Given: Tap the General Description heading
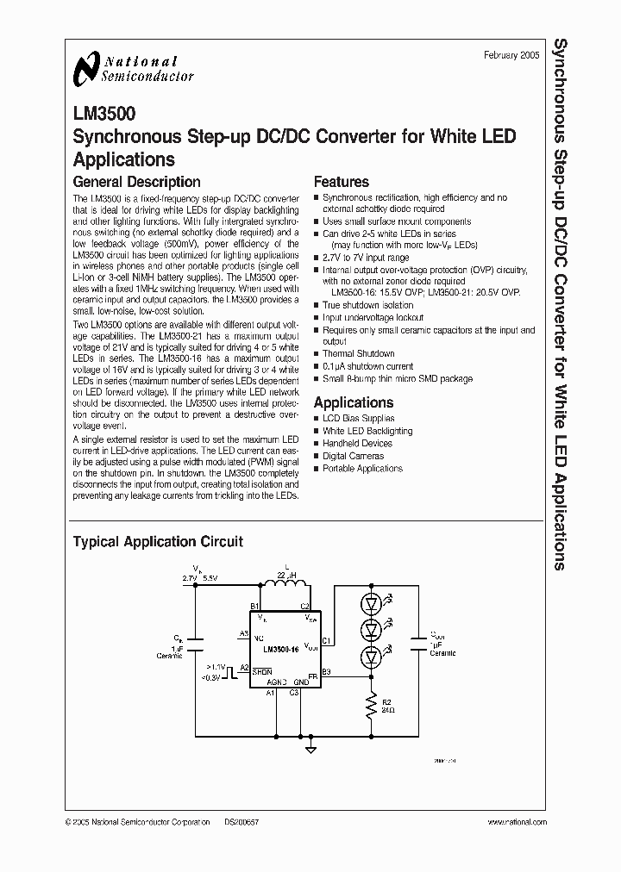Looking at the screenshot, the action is (136, 182).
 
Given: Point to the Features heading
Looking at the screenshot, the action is (341, 182).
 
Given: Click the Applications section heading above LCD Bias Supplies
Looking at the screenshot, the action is (353, 402).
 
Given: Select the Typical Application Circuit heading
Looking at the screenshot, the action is (158, 541).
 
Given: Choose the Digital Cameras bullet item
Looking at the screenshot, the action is (353, 456).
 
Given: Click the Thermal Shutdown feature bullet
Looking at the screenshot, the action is (358, 353).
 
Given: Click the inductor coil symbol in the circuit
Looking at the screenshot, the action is (285, 584).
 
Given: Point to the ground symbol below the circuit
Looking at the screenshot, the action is (310, 750).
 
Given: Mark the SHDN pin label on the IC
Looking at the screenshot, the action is (262, 670).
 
